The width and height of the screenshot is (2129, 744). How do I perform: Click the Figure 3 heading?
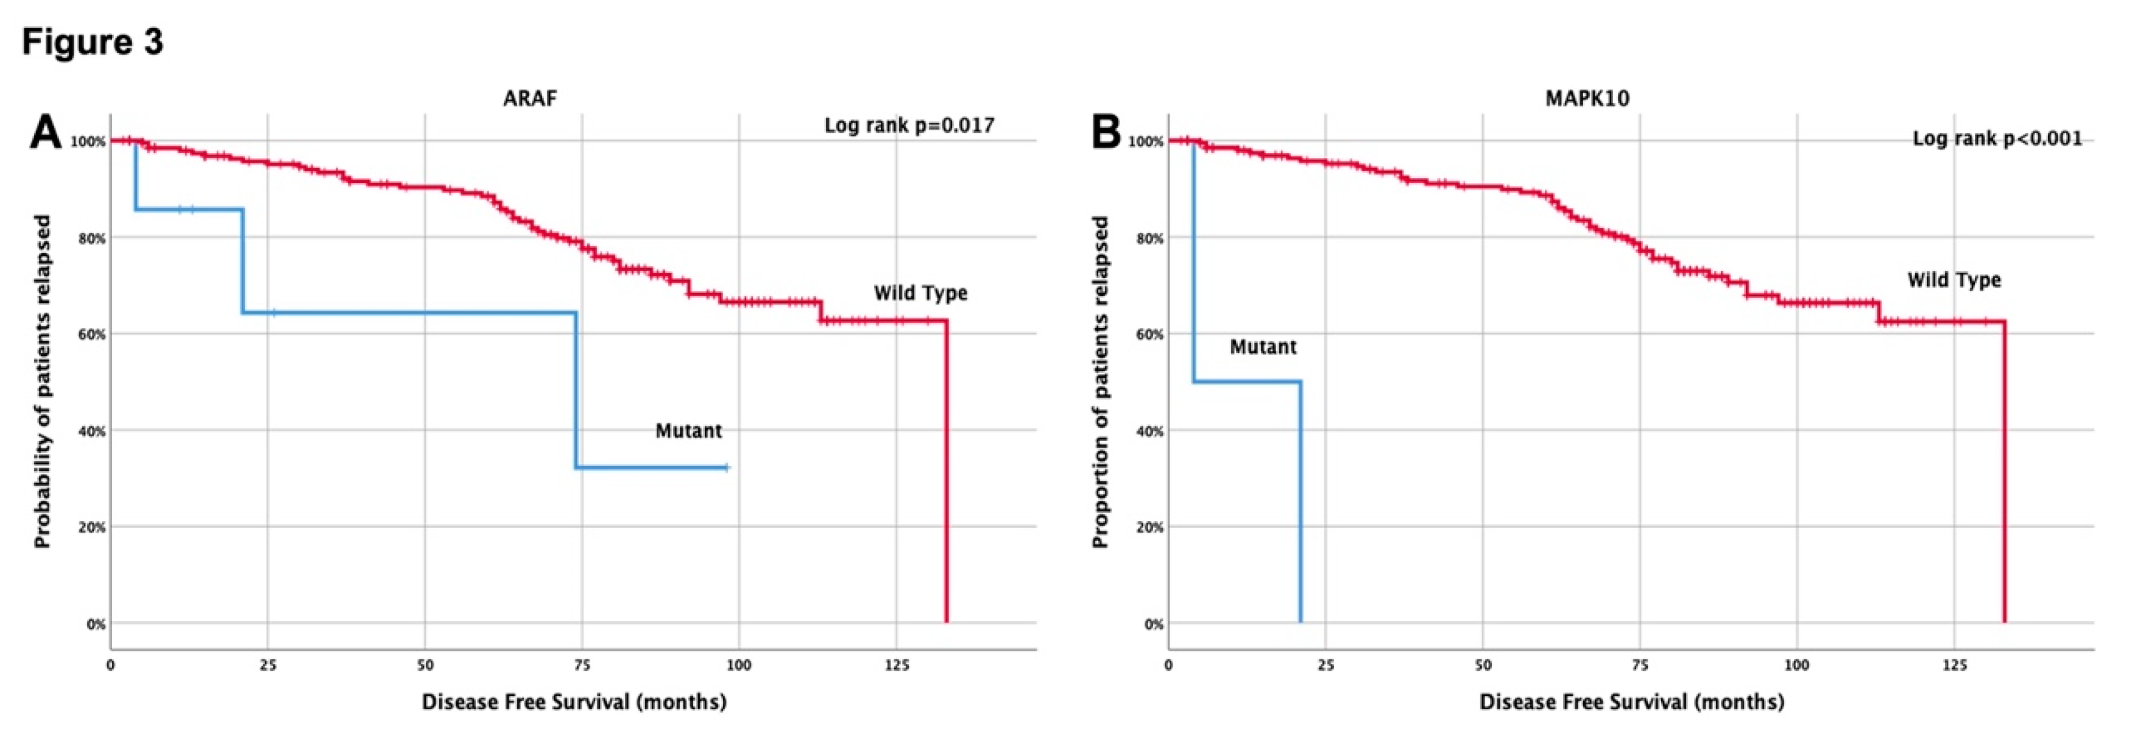click(x=93, y=41)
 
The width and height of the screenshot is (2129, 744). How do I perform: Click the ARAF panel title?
click(x=530, y=98)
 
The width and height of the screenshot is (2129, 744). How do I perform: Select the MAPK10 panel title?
click(x=1587, y=98)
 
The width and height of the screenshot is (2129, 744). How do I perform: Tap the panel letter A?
click(x=46, y=132)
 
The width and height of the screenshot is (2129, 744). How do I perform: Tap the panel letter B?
click(x=1106, y=132)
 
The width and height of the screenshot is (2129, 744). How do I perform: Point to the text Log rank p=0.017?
click(x=909, y=126)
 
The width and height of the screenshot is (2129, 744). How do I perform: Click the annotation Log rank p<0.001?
click(x=1997, y=138)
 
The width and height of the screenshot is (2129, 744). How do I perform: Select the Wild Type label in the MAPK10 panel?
click(x=1954, y=280)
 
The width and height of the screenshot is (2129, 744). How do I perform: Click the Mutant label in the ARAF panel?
click(x=688, y=431)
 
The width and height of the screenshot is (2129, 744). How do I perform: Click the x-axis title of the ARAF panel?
click(x=574, y=702)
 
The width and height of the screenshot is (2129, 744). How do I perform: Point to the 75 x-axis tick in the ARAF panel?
click(x=581, y=665)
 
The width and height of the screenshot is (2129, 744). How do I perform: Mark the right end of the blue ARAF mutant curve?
click(x=727, y=468)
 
